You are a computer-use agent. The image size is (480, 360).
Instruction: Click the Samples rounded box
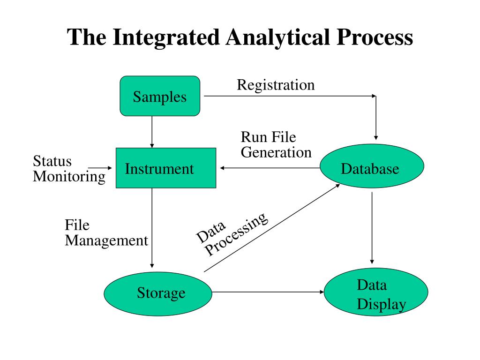tap(160, 96)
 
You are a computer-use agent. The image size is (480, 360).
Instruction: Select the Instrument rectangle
tap(166, 168)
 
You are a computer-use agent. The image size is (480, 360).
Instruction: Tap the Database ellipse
tap(372, 166)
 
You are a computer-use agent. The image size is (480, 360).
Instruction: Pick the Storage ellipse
tap(158, 293)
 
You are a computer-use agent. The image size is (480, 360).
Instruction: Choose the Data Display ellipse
tap(376, 292)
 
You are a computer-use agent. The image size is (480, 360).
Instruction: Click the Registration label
tap(276, 85)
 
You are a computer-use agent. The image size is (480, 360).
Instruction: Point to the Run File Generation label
tap(276, 144)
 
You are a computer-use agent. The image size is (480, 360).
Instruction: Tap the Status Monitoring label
tap(69, 169)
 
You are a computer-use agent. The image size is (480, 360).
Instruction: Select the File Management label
tap(106, 233)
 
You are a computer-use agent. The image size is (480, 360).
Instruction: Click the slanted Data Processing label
tap(232, 234)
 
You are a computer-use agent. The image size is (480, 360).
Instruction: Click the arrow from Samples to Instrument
tap(152, 132)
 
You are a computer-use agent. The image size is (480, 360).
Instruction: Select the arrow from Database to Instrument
tap(270, 168)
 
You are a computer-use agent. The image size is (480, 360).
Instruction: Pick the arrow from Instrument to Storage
tap(152, 228)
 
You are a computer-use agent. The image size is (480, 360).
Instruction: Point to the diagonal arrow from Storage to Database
tap(272, 228)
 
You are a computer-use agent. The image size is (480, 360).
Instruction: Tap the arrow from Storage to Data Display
tap(268, 292)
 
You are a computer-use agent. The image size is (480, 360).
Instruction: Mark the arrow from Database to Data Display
tap(372, 228)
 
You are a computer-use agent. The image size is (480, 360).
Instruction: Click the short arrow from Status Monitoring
tap(100, 168)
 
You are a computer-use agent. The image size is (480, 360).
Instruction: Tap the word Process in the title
tap(375, 37)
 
